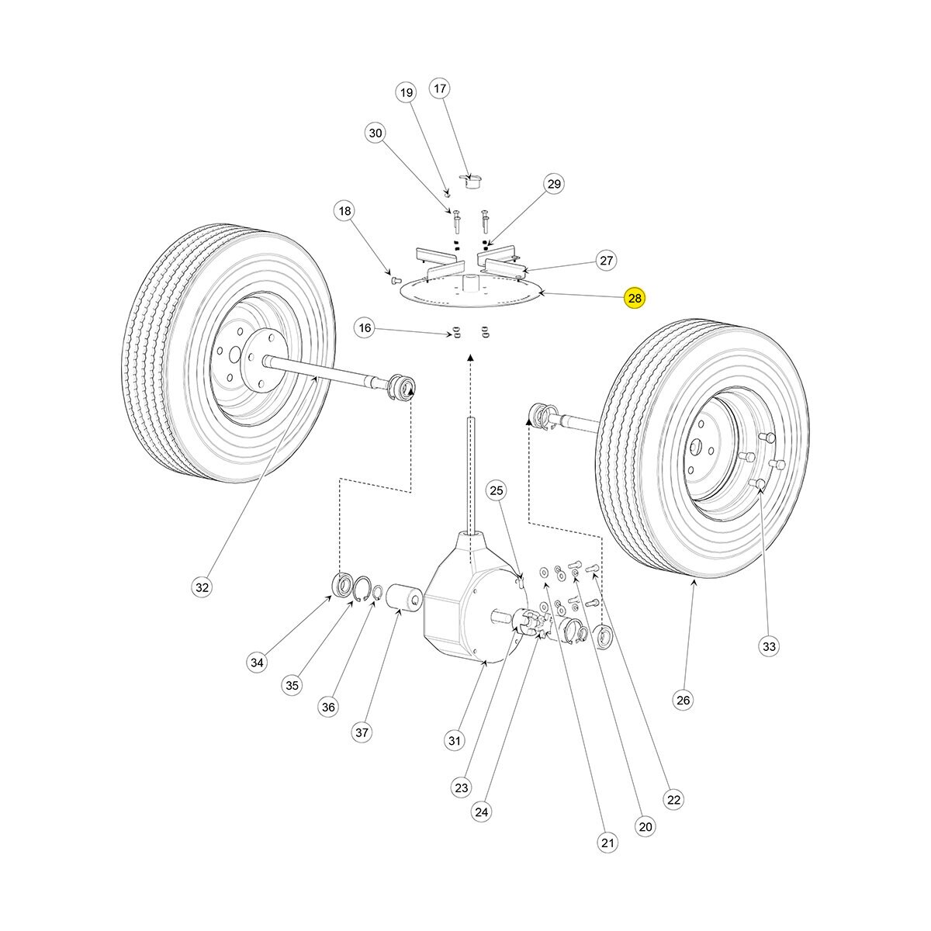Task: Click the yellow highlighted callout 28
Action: click(x=635, y=298)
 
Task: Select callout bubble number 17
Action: click(x=440, y=88)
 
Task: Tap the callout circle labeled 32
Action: click(x=202, y=587)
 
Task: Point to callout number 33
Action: click(x=768, y=645)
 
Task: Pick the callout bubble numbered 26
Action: click(x=682, y=700)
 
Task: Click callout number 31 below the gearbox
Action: click(x=455, y=740)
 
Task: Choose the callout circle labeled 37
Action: click(x=362, y=732)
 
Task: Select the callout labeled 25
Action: click(x=497, y=490)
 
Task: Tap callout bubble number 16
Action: click(x=365, y=328)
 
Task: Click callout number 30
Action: click(x=376, y=133)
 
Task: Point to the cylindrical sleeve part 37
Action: click(x=402, y=599)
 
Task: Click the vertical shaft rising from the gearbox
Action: click(x=470, y=473)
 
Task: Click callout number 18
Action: click(x=344, y=210)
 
